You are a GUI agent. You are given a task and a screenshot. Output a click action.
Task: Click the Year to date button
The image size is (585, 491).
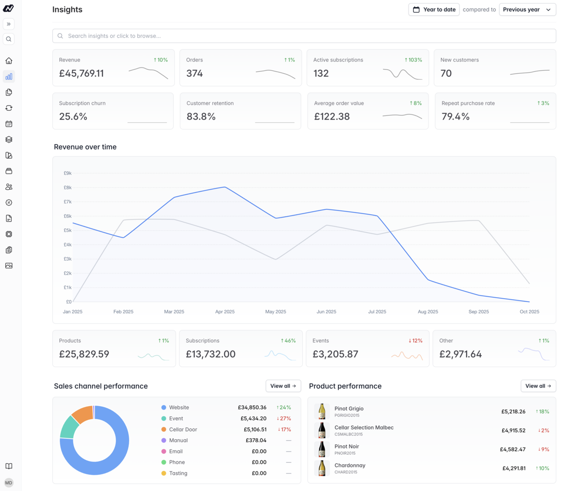434,9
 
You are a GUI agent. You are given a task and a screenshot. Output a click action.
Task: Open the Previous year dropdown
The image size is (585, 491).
527,9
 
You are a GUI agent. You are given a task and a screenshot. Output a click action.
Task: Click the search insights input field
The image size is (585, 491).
304,36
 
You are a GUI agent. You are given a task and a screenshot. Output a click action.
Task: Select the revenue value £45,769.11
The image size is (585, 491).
81,74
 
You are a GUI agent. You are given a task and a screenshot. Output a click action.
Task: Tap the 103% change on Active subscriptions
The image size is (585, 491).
413,60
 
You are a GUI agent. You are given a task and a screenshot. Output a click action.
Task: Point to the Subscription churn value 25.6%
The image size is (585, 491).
73,117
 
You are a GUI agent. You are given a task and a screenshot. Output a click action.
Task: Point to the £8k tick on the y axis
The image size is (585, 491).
67,187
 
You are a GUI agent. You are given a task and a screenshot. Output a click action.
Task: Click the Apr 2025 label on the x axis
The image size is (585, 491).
225,311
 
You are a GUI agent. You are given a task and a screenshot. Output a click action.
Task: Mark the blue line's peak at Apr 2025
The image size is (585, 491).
225,187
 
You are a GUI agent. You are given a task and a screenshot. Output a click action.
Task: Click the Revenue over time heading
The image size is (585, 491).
85,146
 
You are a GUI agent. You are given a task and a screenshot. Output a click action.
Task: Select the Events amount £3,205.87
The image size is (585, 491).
342,354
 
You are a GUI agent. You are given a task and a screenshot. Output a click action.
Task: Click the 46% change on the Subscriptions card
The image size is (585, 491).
288,341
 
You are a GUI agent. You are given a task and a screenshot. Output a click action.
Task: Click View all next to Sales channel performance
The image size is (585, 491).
283,386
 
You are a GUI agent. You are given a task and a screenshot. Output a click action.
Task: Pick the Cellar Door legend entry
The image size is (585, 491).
183,430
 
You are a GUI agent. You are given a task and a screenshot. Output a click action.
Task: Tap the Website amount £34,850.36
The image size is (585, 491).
252,407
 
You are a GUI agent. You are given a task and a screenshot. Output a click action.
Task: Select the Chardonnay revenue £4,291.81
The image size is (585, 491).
514,468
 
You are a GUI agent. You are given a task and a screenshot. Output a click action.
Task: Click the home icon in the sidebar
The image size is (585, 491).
9,61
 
